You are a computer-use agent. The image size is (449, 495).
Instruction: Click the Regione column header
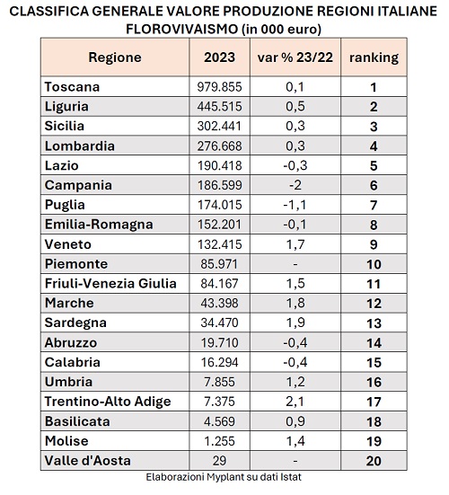click(x=115, y=57)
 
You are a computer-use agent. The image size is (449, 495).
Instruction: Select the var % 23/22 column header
click(x=295, y=57)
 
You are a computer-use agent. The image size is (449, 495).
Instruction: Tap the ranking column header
click(x=374, y=57)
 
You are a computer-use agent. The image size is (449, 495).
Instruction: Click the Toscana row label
click(x=72, y=87)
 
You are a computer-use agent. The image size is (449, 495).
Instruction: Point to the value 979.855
click(x=220, y=87)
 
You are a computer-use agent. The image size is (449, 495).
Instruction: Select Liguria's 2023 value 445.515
click(x=220, y=106)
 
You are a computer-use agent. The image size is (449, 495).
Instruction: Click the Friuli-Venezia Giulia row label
click(x=110, y=283)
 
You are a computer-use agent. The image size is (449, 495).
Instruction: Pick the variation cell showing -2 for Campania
click(x=295, y=185)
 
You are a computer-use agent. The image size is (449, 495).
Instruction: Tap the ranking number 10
click(x=374, y=264)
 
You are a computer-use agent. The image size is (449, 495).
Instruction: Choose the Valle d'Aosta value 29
click(x=219, y=461)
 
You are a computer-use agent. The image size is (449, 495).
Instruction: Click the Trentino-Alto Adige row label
click(x=108, y=402)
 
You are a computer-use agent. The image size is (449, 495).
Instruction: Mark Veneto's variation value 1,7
click(x=295, y=244)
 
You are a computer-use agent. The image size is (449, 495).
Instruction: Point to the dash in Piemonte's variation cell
click(x=295, y=264)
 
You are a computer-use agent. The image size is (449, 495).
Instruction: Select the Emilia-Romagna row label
click(x=99, y=225)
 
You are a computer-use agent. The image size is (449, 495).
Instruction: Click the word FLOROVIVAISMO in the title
click(x=181, y=29)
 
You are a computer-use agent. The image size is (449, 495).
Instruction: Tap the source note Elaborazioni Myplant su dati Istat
click(x=224, y=477)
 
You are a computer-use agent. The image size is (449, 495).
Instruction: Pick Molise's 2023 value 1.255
click(x=220, y=441)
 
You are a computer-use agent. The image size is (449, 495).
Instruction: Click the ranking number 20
click(x=374, y=461)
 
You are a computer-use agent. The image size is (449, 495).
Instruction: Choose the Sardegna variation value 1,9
click(x=295, y=323)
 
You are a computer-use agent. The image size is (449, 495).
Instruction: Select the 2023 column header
click(x=220, y=57)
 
